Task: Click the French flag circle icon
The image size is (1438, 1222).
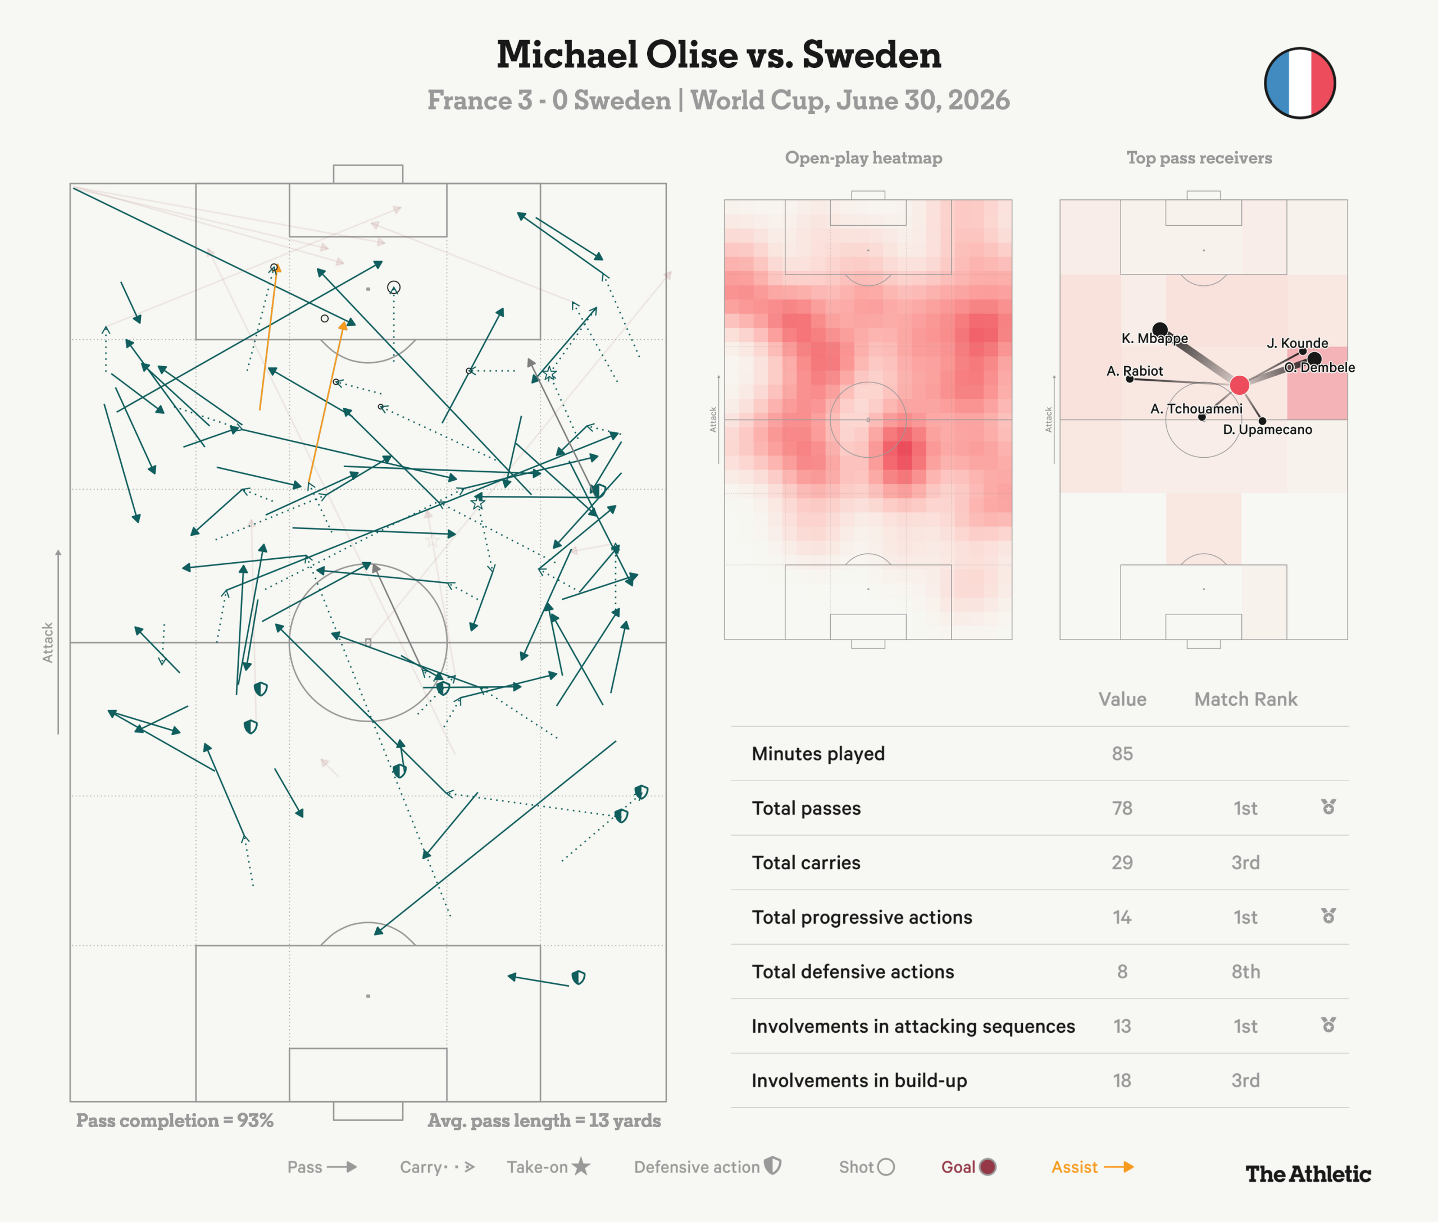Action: point(1299,83)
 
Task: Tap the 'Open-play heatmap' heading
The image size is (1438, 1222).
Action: point(863,158)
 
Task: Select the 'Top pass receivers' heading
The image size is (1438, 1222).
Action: point(1199,158)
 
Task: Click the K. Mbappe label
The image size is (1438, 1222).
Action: point(1154,338)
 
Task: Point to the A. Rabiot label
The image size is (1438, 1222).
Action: point(1135,371)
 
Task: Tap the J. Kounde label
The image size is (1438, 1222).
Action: point(1298,343)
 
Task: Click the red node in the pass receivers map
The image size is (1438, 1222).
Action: point(1239,385)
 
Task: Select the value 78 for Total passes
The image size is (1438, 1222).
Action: point(1122,809)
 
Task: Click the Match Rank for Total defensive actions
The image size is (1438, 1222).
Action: point(1245,972)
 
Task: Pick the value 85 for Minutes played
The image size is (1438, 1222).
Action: point(1122,754)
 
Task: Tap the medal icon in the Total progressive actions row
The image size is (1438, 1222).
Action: point(1328,916)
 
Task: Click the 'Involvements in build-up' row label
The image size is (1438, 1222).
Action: point(859,1080)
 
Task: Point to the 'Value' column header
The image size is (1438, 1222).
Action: point(1122,699)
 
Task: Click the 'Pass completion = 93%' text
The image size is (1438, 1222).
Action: point(175,1120)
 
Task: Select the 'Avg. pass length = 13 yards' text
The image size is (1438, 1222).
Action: point(544,1120)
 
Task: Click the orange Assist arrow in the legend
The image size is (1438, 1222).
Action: point(1118,1168)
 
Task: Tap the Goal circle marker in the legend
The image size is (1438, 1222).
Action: point(988,1168)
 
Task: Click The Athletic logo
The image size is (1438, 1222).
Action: point(1308,1174)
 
